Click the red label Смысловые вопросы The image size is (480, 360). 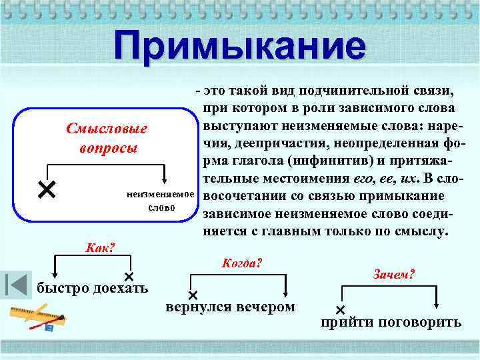click(x=107, y=137)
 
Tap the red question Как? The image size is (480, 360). click(x=101, y=248)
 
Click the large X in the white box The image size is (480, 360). click(x=46, y=191)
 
